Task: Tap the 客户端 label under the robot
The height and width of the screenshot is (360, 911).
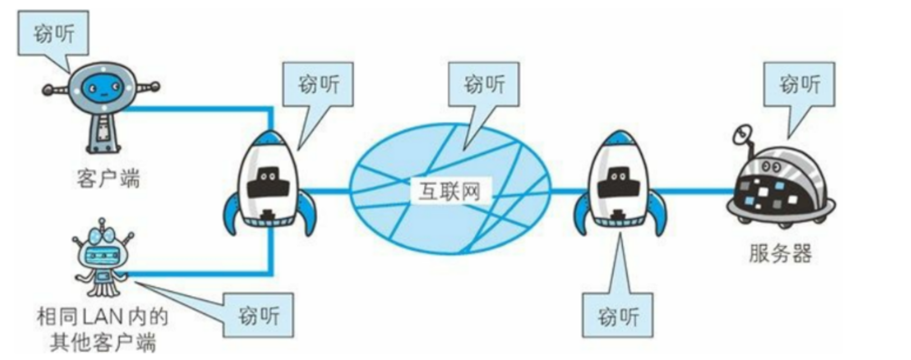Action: [108, 178]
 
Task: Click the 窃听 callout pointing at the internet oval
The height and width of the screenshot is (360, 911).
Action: [484, 85]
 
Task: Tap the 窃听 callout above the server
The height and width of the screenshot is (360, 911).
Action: [799, 85]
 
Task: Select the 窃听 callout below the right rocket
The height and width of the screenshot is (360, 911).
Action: [618, 315]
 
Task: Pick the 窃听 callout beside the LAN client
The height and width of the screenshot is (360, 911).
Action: [258, 315]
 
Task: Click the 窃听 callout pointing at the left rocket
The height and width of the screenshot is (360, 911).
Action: [318, 85]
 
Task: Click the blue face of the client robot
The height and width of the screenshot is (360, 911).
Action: [103, 87]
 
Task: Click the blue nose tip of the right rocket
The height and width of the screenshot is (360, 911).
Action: [619, 136]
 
